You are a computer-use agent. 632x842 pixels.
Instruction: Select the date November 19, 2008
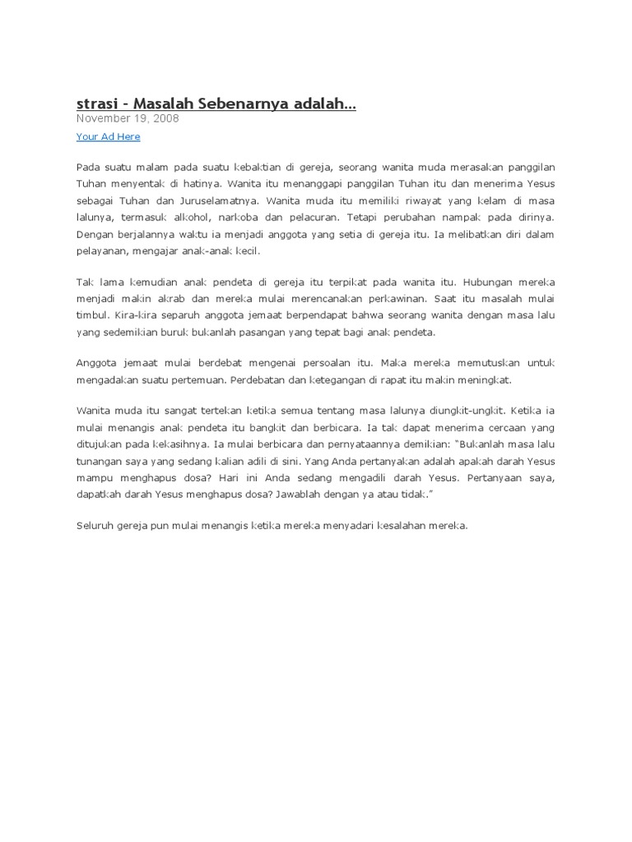click(x=128, y=118)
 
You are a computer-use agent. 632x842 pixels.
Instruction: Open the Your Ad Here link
click(x=108, y=136)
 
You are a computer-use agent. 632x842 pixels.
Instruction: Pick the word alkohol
click(x=187, y=218)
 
